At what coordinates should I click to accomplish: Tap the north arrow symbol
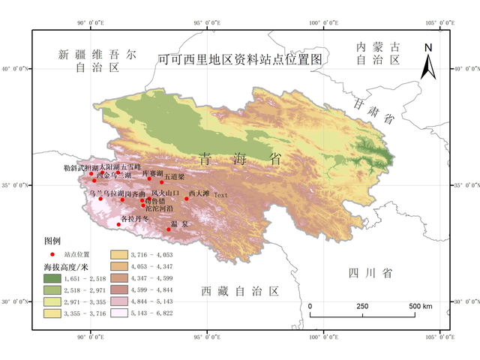427,61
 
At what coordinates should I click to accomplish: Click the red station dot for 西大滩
187,199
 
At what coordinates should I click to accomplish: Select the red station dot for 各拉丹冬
118,224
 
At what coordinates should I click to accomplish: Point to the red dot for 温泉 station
169,229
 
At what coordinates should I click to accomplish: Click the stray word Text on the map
220,195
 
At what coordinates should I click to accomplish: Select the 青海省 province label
240,159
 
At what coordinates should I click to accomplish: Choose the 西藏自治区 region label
240,291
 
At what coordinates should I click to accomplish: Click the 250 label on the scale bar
362,307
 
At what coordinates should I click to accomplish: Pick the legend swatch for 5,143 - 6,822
120,313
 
